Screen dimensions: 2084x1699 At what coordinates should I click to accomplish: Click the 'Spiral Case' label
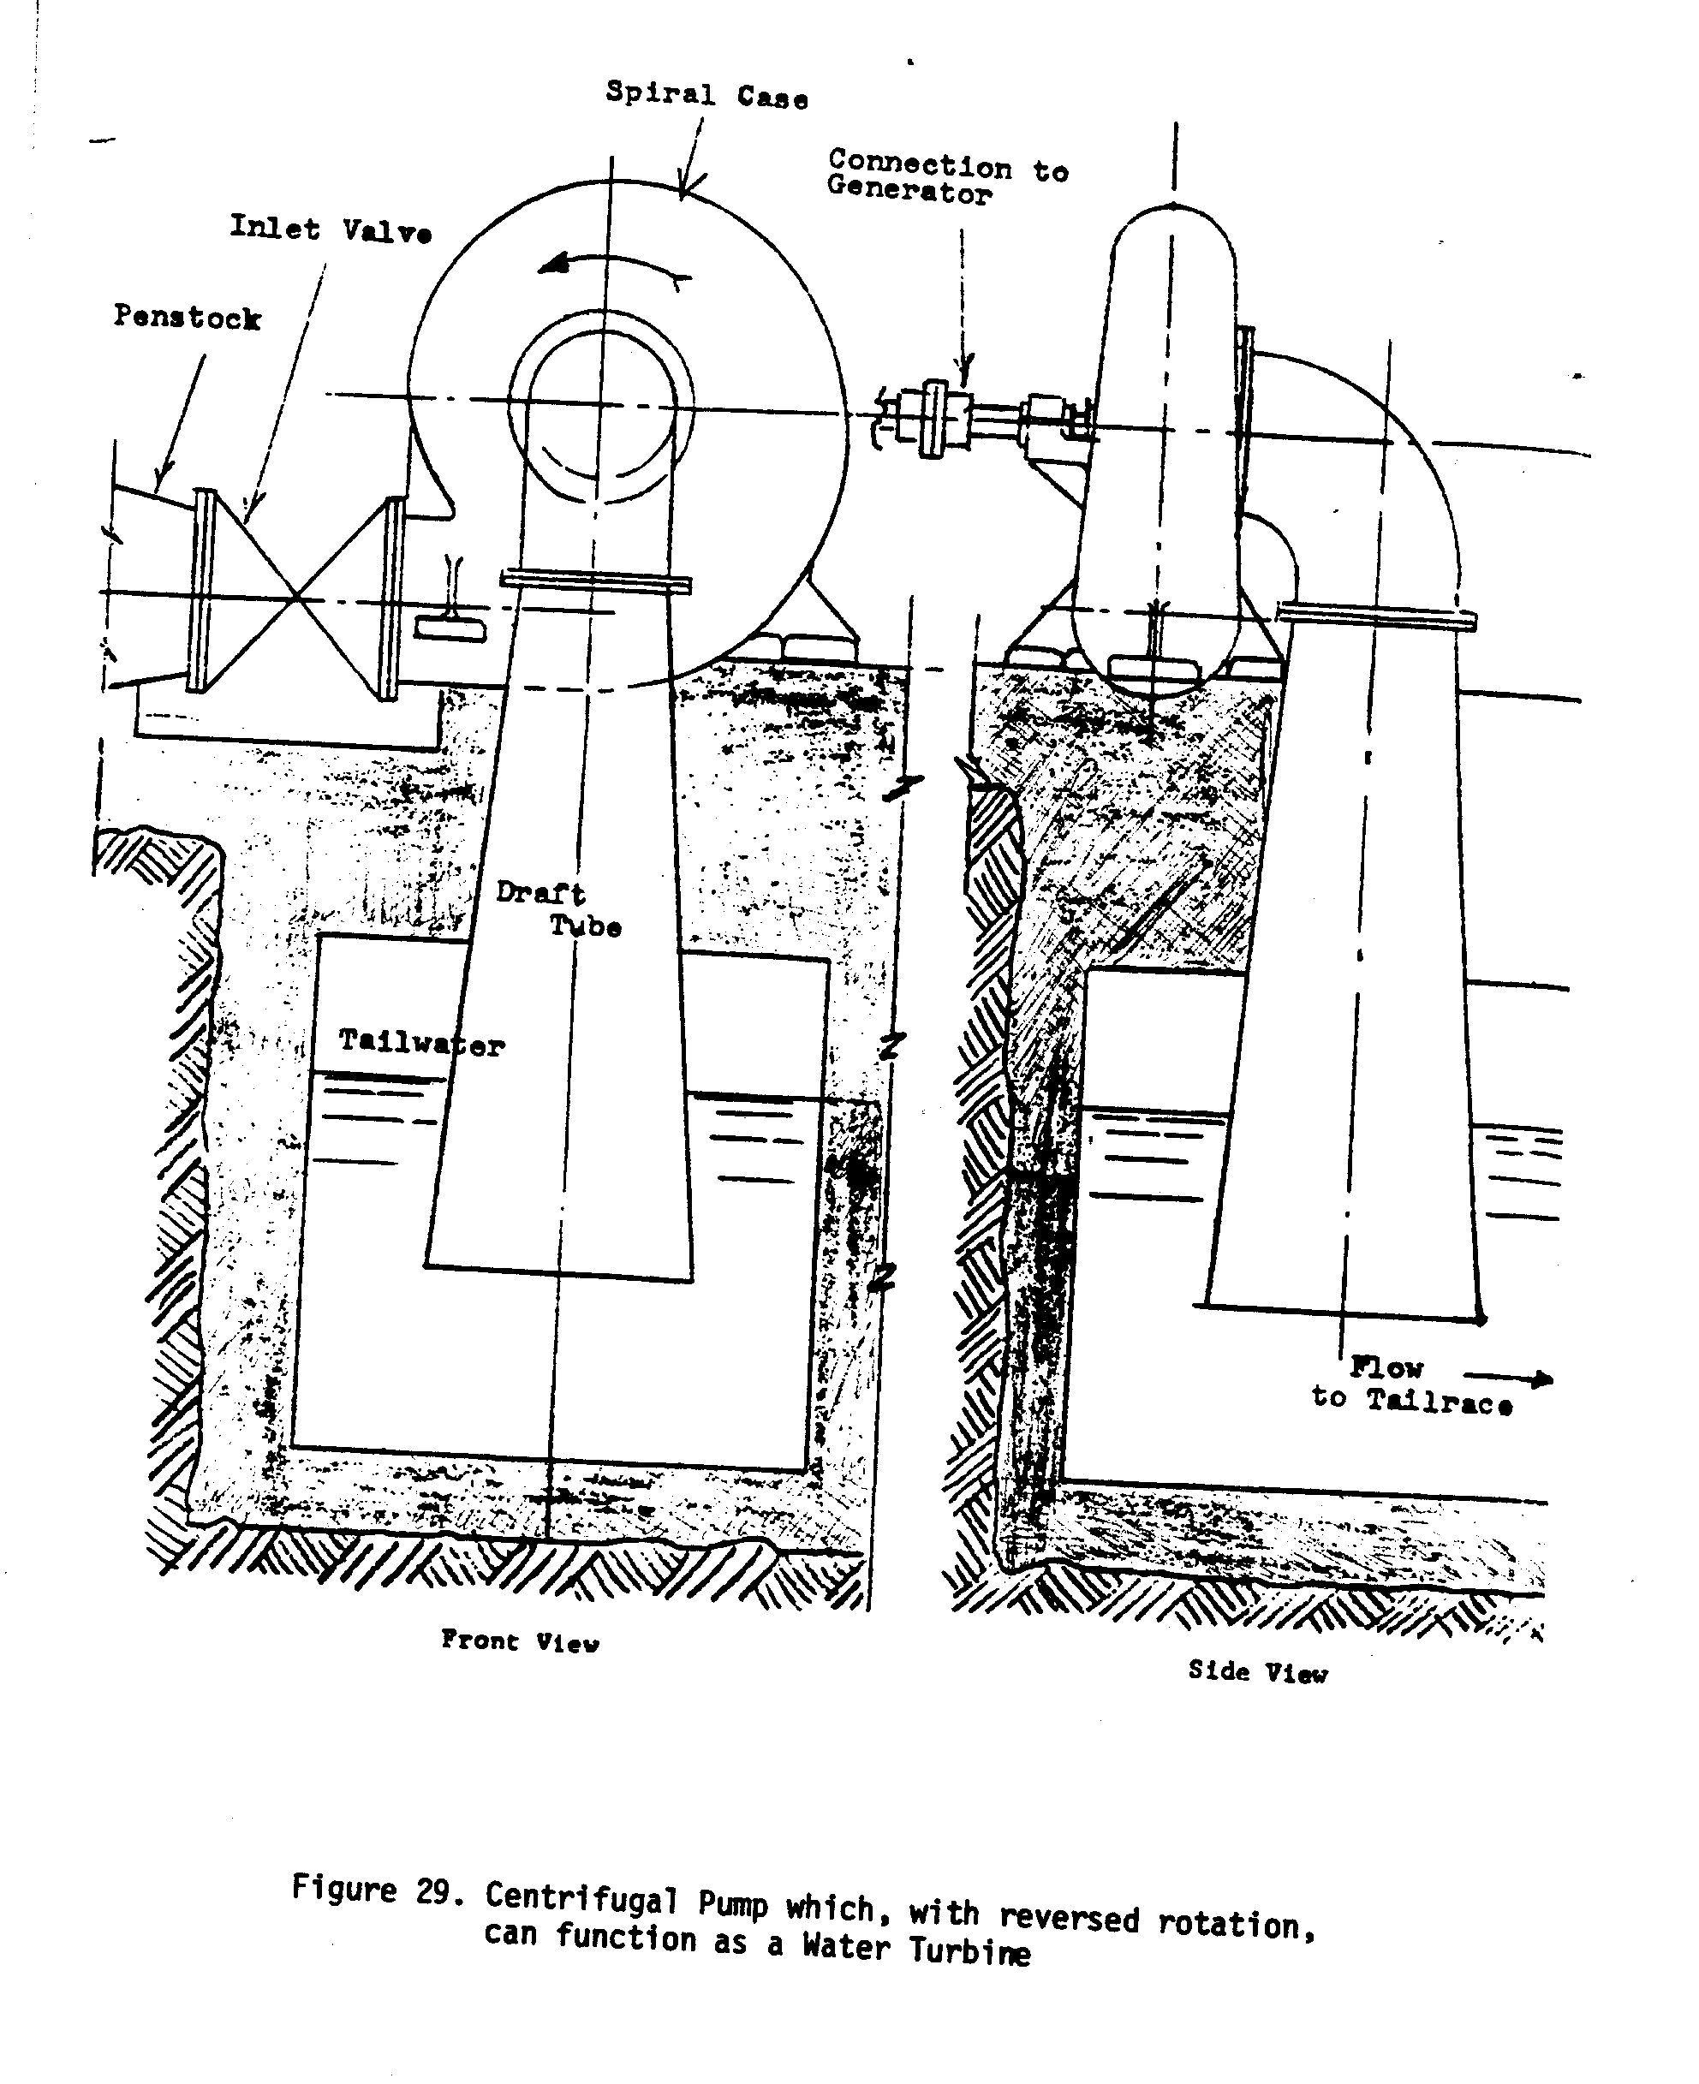tap(706, 95)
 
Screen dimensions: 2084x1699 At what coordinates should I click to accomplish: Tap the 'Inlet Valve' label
tap(330, 230)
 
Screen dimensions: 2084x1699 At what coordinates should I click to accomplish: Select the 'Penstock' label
tap(187, 317)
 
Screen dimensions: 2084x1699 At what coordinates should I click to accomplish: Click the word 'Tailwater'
tap(420, 1043)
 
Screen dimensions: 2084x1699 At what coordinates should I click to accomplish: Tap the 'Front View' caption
tap(520, 1640)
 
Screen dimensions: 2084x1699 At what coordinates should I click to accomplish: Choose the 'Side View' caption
tap(1258, 1671)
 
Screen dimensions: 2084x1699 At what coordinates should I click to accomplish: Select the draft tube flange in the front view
tap(595, 582)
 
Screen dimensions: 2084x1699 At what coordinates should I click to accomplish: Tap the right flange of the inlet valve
tap(391, 598)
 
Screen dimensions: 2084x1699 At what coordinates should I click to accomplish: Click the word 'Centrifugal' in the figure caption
tap(581, 1900)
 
